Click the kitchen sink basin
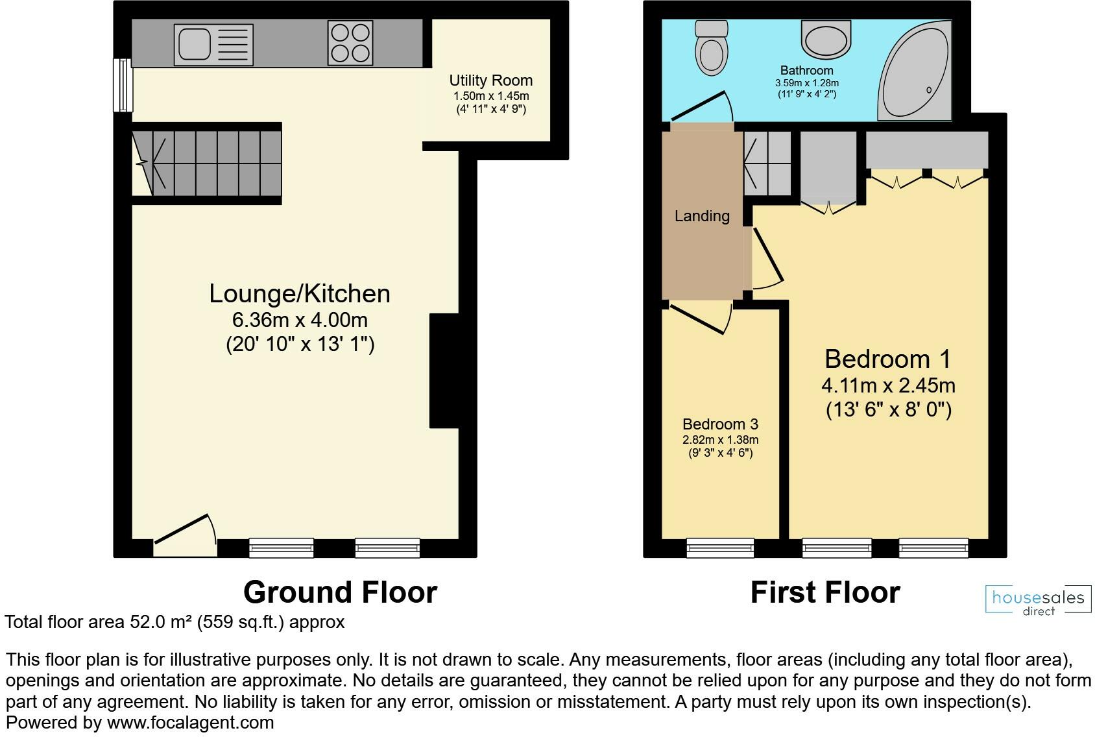(x=195, y=45)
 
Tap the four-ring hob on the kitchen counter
(x=350, y=43)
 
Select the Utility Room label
(x=491, y=80)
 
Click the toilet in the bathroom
(x=711, y=47)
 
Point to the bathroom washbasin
(x=826, y=39)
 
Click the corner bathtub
(x=915, y=70)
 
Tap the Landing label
(x=702, y=215)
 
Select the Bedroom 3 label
(x=720, y=424)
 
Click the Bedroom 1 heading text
(x=887, y=359)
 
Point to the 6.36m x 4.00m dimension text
(x=300, y=320)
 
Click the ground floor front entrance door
(x=186, y=535)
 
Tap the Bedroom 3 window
(x=720, y=548)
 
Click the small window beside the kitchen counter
(x=123, y=85)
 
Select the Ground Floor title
(x=340, y=592)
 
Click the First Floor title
(x=825, y=592)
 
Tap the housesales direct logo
(x=1039, y=599)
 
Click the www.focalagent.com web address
(x=190, y=722)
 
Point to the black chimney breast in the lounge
(x=444, y=370)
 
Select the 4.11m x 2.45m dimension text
(x=888, y=385)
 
